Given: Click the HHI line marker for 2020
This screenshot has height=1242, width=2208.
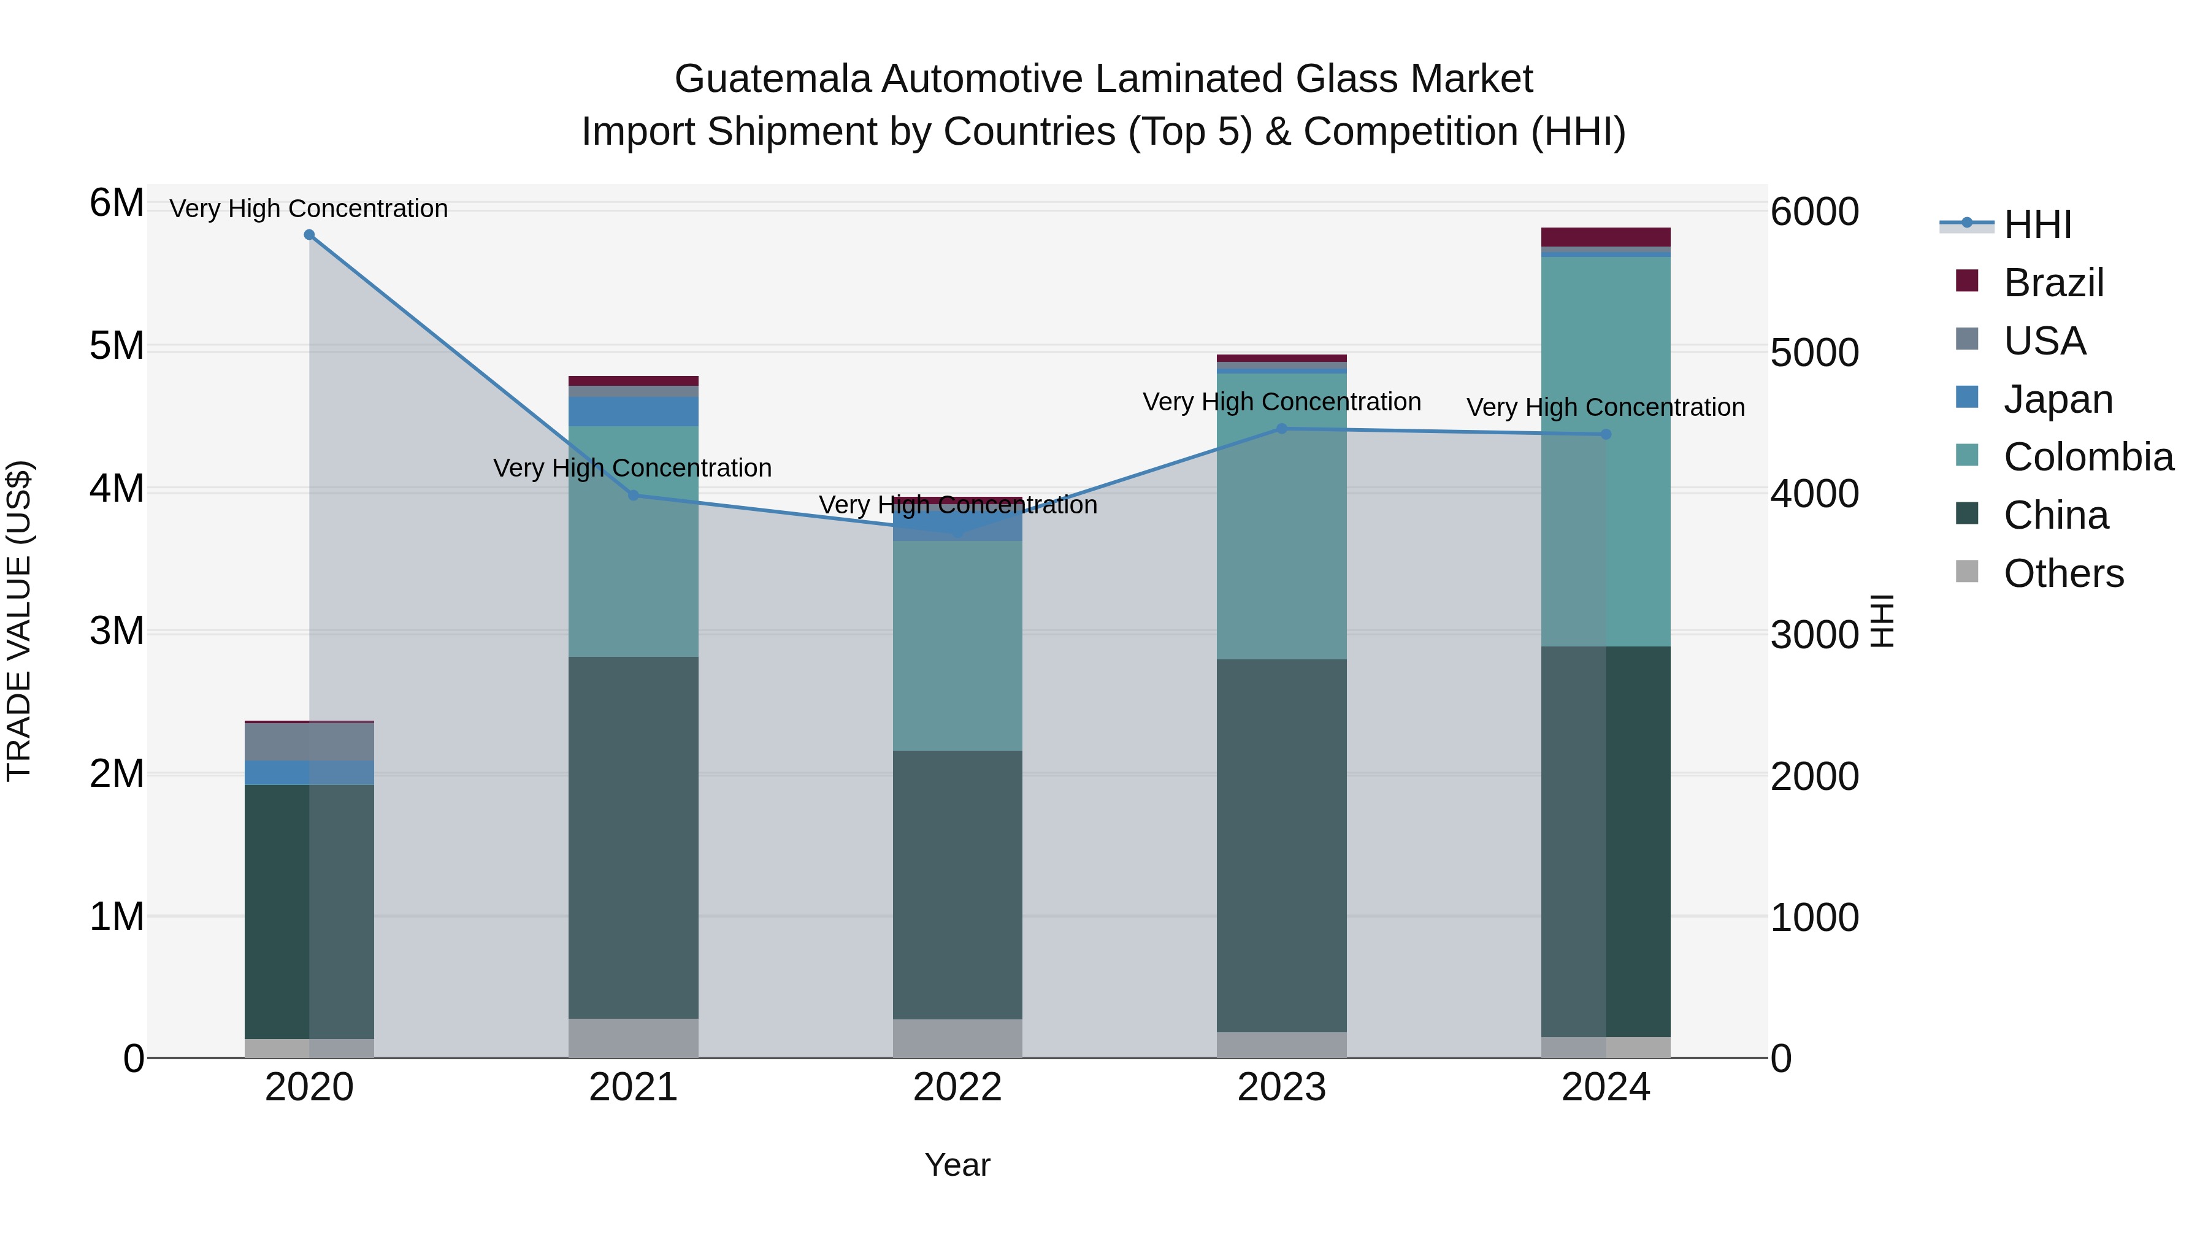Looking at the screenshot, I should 310,235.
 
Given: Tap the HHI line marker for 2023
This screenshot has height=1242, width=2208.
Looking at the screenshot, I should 1282,429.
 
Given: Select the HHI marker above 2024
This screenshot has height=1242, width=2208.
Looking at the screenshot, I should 1606,435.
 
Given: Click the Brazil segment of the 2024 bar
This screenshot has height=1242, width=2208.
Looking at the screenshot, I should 1606,237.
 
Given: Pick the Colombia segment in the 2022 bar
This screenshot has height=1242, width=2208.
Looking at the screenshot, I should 957,645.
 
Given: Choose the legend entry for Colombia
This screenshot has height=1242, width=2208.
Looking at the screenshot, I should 2088,457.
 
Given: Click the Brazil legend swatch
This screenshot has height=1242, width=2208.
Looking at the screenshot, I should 1967,281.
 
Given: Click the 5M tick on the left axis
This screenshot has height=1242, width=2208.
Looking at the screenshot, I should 117,347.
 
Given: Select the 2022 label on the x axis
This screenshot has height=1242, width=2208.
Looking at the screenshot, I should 957,1087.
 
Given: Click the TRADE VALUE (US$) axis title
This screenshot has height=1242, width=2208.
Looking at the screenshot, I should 19,621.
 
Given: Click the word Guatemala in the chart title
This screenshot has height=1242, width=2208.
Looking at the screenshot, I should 773,79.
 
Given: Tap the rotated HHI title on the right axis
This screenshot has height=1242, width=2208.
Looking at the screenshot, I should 1882,621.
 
